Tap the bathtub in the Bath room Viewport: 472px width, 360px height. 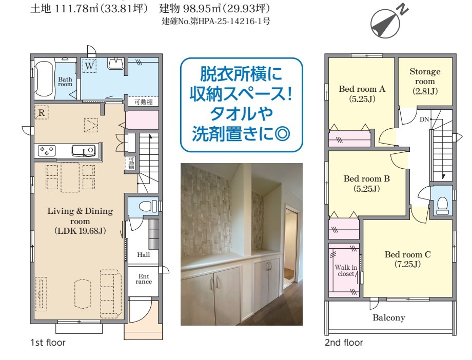click(44, 78)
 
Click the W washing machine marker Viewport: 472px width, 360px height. click(89, 66)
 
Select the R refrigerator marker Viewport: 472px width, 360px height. click(42, 112)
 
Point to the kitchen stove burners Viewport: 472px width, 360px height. click(46, 150)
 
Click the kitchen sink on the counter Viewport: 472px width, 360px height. click(84, 150)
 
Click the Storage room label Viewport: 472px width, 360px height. click(425, 81)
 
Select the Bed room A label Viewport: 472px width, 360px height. click(362, 93)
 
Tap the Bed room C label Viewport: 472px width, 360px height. click(407, 259)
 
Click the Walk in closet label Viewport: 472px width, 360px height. click(346, 270)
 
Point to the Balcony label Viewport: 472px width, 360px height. click(388, 317)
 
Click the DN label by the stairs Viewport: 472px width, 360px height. click(424, 119)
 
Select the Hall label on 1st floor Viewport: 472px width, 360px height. click(143, 255)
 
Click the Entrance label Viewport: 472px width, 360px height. click(144, 279)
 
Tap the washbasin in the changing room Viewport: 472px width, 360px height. click(115, 64)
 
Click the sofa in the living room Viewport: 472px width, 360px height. click(111, 293)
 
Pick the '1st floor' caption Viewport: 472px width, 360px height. click(48, 342)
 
